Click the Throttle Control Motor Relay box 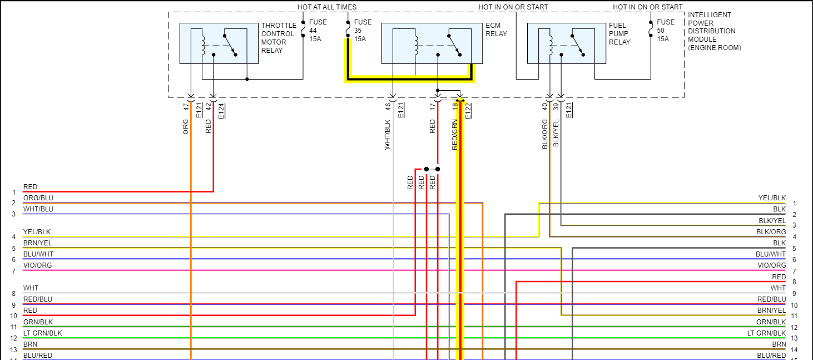click(219, 43)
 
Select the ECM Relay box click(432, 43)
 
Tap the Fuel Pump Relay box click(566, 43)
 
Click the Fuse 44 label click(318, 31)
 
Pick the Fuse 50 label click(666, 31)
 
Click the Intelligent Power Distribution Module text click(714, 31)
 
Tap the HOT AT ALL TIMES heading click(327, 7)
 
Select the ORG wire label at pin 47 click(186, 127)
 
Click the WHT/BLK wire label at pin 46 click(388, 135)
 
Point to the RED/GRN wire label click(454, 135)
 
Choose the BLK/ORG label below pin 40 click(544, 134)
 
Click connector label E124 click(221, 111)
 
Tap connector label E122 click(468, 111)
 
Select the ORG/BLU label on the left click(38, 198)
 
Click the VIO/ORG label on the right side click(772, 265)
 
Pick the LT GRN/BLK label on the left click(43, 333)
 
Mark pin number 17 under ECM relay click(432, 106)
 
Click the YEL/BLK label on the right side click(772, 198)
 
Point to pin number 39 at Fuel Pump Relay click(556, 106)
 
